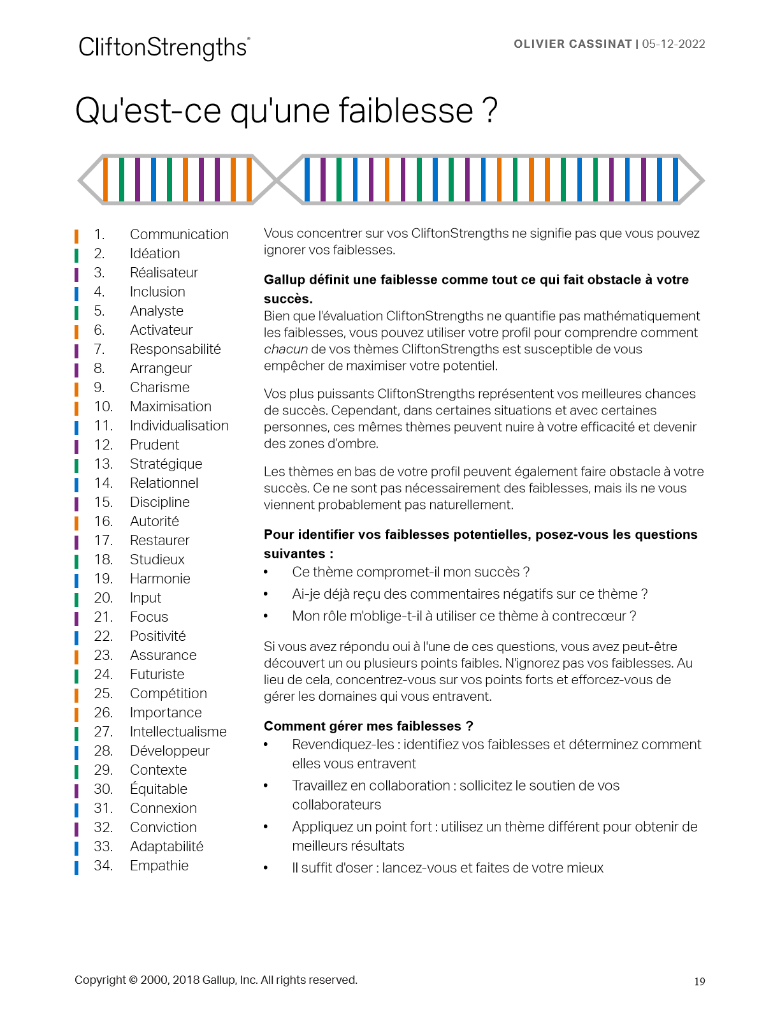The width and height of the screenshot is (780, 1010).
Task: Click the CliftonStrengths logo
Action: pos(164,48)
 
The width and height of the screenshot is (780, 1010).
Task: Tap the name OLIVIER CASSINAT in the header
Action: pos(572,44)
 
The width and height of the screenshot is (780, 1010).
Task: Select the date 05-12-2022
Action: pos(674,44)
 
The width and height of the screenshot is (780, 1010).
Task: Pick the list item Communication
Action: pos(179,235)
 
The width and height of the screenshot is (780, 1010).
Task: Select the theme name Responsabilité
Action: pos(175,349)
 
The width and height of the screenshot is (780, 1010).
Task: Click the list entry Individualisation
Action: pos(179,426)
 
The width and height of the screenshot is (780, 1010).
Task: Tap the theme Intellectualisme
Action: pos(178,732)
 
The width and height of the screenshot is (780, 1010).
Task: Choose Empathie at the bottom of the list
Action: pos(159,866)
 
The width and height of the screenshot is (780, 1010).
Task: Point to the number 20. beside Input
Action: pos(103,598)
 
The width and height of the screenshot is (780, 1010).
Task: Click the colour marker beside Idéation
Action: pos(76,254)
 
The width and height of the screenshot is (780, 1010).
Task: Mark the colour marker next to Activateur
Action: pos(76,331)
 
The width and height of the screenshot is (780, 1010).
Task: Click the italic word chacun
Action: pos(285,349)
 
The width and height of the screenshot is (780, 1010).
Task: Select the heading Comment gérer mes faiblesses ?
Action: pos(368,726)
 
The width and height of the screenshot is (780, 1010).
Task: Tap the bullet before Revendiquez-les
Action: pos(266,745)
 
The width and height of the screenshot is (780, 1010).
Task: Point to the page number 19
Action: pos(700,982)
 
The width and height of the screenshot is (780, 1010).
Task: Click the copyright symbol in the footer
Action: pos(133,980)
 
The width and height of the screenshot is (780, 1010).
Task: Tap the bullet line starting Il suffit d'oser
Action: pos(447,868)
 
